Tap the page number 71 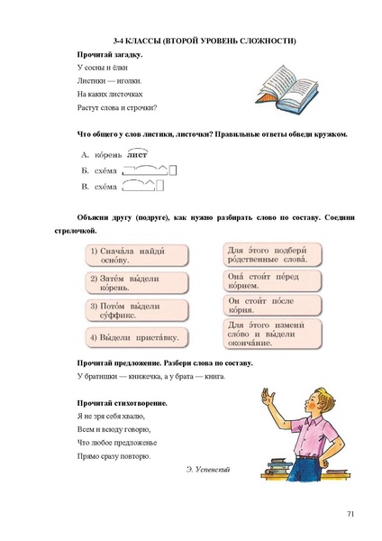pyautogui.click(x=350, y=513)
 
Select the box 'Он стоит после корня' pyautogui.click(x=268, y=304)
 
